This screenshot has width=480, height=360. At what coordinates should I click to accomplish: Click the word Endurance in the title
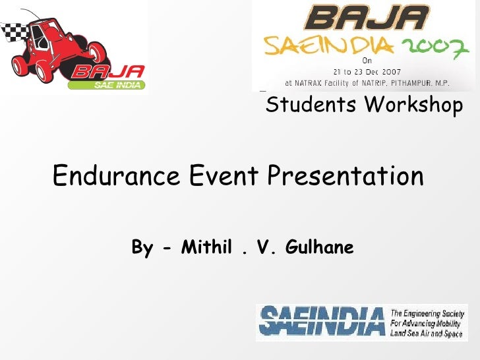116,176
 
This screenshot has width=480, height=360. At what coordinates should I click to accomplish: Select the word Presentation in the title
345,177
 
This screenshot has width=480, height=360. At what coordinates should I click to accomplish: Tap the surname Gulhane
320,248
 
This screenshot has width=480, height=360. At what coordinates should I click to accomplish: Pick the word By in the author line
142,248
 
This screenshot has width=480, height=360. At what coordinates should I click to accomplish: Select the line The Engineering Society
428,314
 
